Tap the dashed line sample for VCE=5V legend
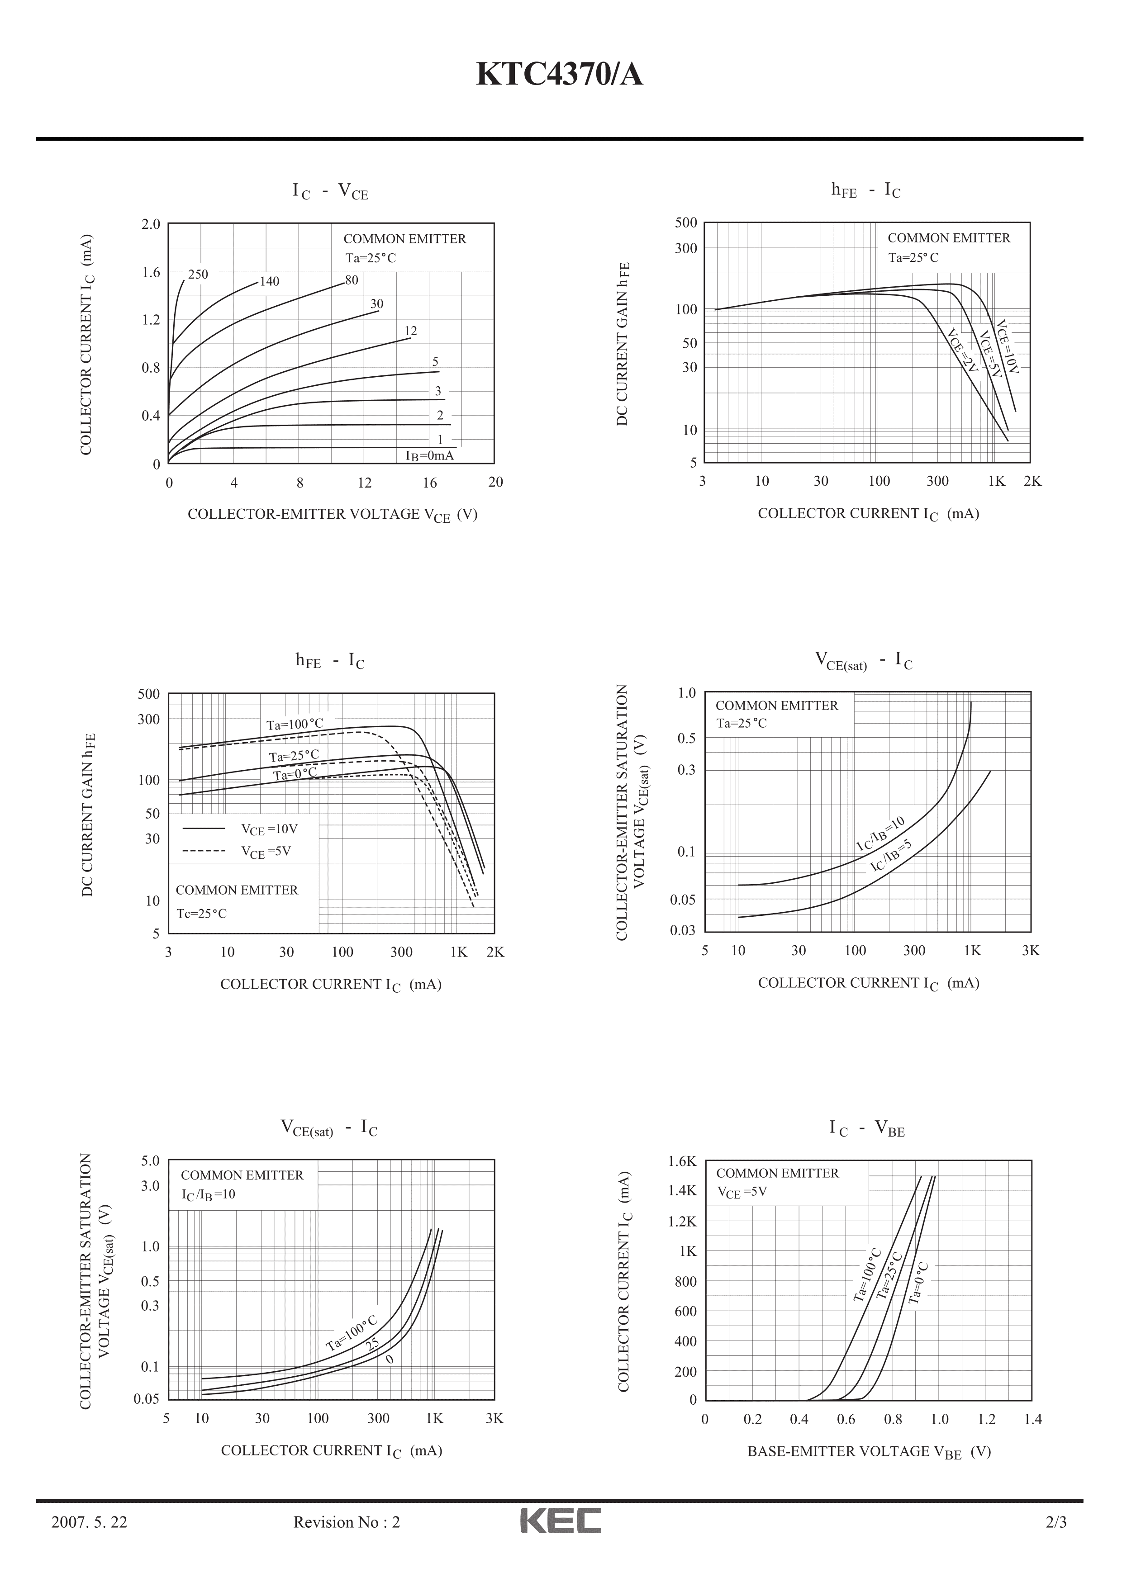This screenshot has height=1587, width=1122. tap(204, 851)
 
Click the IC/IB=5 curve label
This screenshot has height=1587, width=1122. tap(891, 855)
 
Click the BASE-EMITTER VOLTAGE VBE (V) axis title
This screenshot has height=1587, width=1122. tap(869, 1451)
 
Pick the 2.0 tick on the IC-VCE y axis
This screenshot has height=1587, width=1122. tap(151, 224)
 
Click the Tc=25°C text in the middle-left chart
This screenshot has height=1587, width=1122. tap(201, 913)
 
